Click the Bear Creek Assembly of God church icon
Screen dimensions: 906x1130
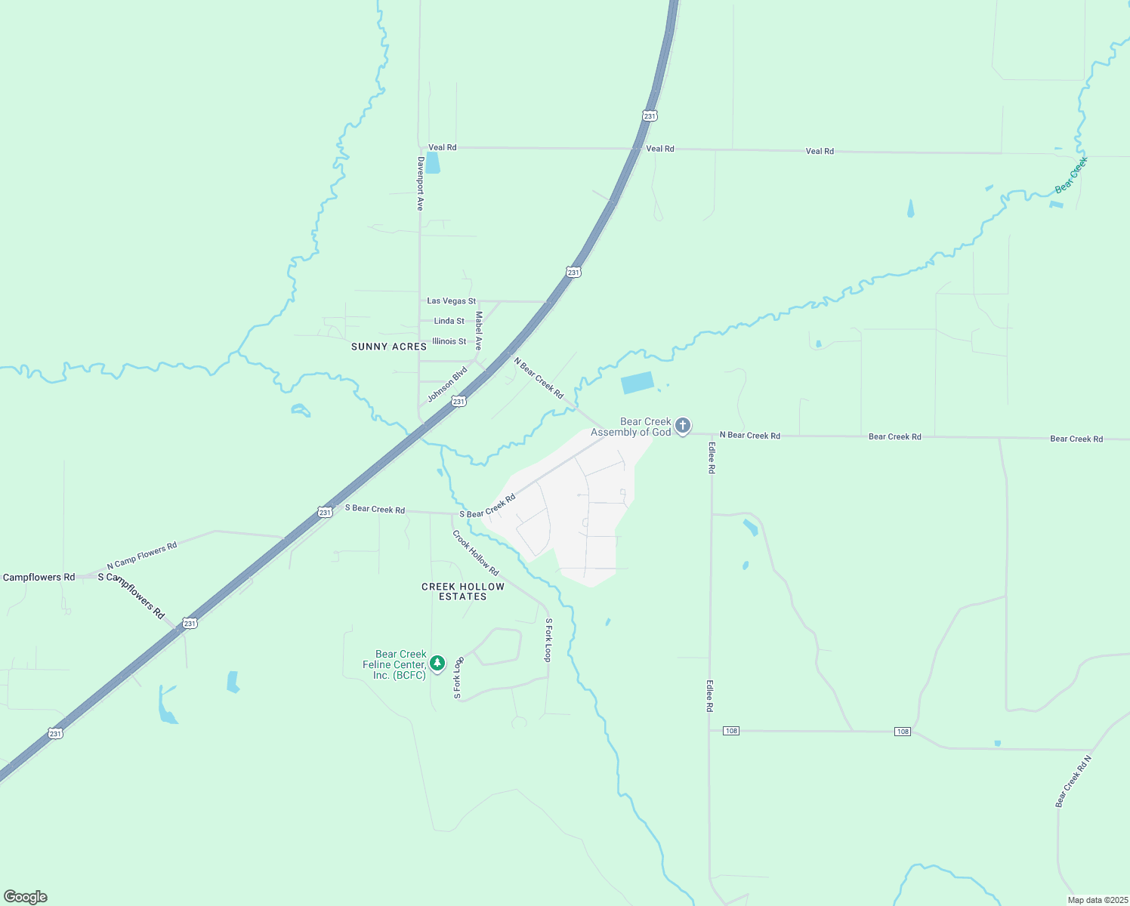pyautogui.click(x=682, y=426)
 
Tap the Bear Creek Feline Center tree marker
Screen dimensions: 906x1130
pyautogui.click(x=437, y=664)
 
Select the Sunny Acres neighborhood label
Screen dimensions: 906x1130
pyautogui.click(x=389, y=347)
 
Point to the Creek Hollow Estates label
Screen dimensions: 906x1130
pyautogui.click(x=463, y=591)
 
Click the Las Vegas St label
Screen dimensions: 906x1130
pyautogui.click(x=451, y=301)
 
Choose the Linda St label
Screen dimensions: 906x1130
pyautogui.click(x=449, y=321)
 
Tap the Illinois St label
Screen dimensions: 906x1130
pyautogui.click(x=449, y=341)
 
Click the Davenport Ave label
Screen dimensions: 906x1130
pyautogui.click(x=421, y=183)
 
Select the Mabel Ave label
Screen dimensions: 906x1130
pyautogui.click(x=479, y=331)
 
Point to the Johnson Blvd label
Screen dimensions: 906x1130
pyautogui.click(x=447, y=384)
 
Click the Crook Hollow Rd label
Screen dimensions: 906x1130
pyautogui.click(x=475, y=553)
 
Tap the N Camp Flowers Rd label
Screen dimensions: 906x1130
pyautogui.click(x=142, y=556)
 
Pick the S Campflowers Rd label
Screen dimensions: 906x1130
pyautogui.click(x=131, y=595)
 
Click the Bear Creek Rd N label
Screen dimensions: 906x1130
pyautogui.click(x=1073, y=781)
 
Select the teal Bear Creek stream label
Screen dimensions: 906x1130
pyautogui.click(x=1071, y=175)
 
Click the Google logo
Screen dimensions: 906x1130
pyautogui.click(x=26, y=897)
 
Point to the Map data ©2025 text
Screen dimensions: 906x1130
pyautogui.click(x=1097, y=900)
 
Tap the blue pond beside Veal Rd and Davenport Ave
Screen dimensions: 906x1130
pyautogui.click(x=432, y=162)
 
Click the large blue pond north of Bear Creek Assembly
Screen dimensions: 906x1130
pyautogui.click(x=638, y=383)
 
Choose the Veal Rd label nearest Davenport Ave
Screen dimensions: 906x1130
pyautogui.click(x=442, y=147)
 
